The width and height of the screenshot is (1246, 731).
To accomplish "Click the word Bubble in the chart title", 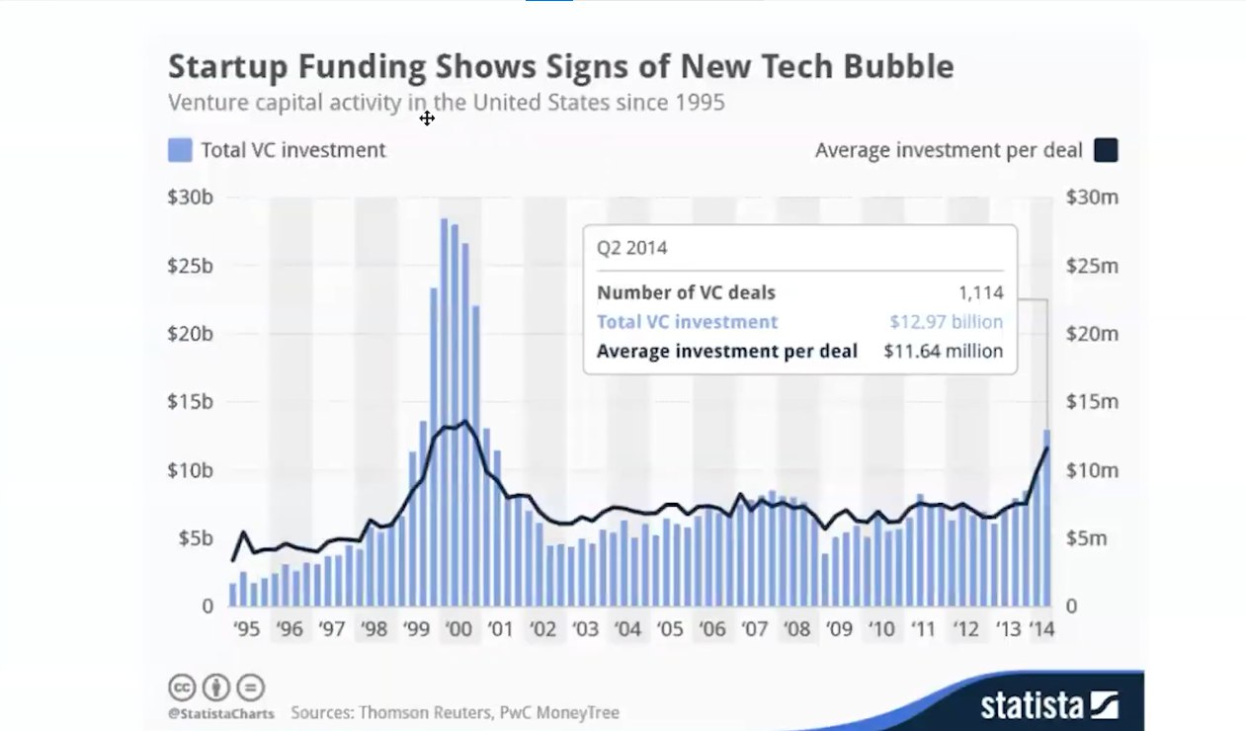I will click(x=894, y=66).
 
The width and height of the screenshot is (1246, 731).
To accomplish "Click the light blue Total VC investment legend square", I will click(x=180, y=150).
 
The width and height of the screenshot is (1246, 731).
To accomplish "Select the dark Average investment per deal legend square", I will click(x=1106, y=150).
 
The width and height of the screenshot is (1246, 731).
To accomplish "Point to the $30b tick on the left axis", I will click(x=190, y=198).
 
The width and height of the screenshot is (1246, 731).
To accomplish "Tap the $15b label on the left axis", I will click(x=190, y=402).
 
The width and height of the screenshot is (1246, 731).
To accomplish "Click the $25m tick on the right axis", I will click(x=1092, y=266).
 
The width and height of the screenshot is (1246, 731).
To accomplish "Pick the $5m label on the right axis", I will click(x=1087, y=538).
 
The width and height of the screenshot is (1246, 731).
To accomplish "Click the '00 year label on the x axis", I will click(x=457, y=629).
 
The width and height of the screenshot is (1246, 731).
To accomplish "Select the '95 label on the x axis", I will click(x=246, y=629).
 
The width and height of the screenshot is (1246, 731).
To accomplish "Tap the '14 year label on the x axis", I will click(x=1040, y=629).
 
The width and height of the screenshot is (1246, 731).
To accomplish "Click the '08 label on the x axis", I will click(x=796, y=629).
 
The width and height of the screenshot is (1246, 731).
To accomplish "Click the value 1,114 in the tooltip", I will click(x=980, y=292).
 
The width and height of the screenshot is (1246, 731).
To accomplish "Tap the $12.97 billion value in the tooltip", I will click(x=946, y=322).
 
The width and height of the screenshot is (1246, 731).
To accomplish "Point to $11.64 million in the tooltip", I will click(x=943, y=351).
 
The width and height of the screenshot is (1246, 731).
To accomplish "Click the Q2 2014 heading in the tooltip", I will click(x=631, y=248).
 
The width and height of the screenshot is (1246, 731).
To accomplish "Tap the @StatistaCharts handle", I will click(x=223, y=712).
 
